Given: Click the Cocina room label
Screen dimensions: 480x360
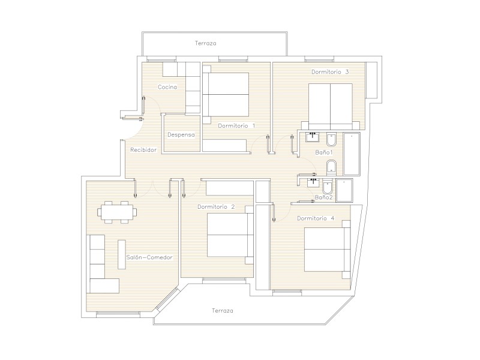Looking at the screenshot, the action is click(167, 87).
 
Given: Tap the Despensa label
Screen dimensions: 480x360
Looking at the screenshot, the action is click(181, 134).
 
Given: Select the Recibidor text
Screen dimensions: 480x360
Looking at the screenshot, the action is click(143, 149).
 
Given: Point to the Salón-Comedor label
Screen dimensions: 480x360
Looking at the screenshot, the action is click(149, 257).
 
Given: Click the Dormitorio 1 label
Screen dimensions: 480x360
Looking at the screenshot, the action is click(236, 125).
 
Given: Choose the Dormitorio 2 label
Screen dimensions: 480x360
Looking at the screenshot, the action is click(216, 206).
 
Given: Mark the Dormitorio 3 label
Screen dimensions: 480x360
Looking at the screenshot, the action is click(330, 71).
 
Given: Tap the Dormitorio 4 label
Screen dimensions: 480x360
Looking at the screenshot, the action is click(316, 218).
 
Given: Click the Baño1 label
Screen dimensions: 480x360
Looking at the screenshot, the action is click(324, 152).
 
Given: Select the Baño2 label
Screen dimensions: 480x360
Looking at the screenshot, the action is click(323, 197).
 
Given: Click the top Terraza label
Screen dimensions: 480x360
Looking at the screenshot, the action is click(206, 43).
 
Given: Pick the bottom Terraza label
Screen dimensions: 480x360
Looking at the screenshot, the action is click(223, 311).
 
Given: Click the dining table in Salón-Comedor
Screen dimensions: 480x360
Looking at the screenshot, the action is click(117, 212).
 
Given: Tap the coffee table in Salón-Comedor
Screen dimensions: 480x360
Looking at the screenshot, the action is click(122, 254).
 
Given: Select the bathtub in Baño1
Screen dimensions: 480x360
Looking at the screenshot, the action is click(352, 154).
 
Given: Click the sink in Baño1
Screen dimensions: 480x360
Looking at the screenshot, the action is click(312, 137).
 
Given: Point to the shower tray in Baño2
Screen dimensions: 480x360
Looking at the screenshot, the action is click(344, 190).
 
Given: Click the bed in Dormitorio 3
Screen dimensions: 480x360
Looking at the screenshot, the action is click(331, 107).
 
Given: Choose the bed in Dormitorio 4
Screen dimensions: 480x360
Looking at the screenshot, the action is click(327, 250).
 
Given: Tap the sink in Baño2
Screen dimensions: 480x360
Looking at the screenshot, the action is click(313, 183).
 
